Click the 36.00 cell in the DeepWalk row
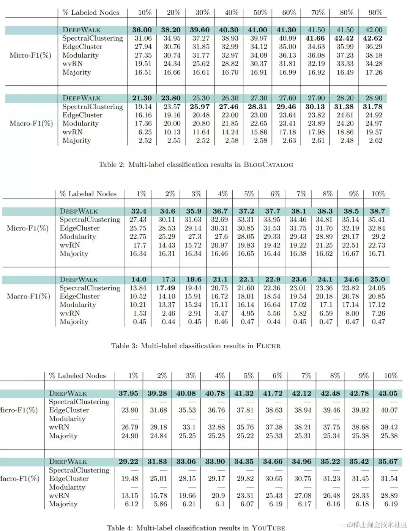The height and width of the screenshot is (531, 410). tap(142, 30)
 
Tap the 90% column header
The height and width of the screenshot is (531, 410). tap(375, 13)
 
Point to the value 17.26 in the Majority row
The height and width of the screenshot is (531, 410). tap(374, 72)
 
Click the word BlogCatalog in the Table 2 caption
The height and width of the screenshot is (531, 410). tap(268, 165)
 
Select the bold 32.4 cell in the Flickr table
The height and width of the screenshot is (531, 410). tap(139, 211)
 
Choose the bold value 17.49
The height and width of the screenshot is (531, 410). tap(166, 288)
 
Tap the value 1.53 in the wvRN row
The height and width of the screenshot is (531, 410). tap(139, 313)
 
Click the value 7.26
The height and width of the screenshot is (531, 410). tap(378, 313)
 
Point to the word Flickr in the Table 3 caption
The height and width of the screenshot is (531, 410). tap(268, 346)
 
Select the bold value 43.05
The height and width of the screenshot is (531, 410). tap(388, 393)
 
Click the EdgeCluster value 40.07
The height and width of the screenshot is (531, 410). tap(389, 410)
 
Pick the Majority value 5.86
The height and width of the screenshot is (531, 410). tap(158, 504)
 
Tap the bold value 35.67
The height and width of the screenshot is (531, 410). tap(388, 462)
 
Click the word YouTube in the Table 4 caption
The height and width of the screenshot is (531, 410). tap(268, 528)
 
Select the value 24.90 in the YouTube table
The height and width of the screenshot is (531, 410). tap(129, 436)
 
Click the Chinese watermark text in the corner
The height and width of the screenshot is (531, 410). tap(380, 525)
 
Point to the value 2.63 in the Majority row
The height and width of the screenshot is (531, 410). tap(289, 141)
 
